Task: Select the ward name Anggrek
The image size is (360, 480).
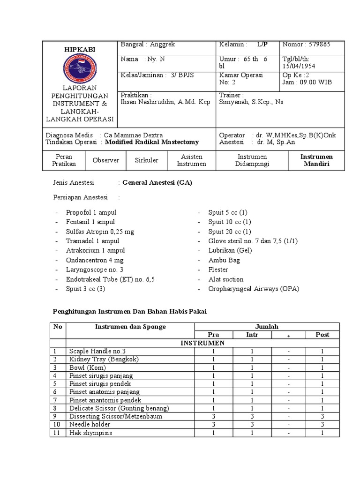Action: [x=162, y=45]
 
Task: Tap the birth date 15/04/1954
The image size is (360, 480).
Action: [x=299, y=66]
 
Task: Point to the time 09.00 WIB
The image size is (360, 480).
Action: [x=314, y=82]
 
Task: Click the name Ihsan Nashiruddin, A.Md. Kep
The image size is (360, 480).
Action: [x=165, y=102]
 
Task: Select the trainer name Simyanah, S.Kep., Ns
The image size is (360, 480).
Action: [x=251, y=102]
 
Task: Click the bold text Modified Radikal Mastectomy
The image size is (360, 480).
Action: [x=152, y=142]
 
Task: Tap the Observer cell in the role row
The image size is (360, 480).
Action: [x=106, y=160]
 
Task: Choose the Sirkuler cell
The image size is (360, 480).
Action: [x=146, y=160]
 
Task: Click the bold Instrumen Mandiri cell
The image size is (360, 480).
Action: [x=317, y=160]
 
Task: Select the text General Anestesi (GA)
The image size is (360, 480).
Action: [x=157, y=183]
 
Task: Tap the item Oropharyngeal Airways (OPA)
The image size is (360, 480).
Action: [x=254, y=289]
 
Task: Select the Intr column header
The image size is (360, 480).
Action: [x=252, y=335]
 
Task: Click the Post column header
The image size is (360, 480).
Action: [x=322, y=335]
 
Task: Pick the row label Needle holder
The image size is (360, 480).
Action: [x=90, y=424]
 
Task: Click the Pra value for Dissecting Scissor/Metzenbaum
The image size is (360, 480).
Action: [x=213, y=416]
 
